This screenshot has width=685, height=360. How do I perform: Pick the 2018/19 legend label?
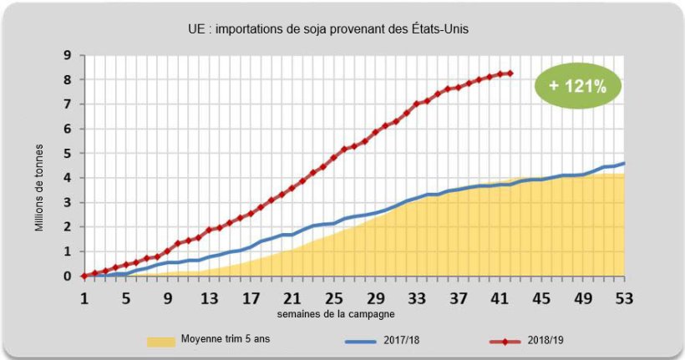pos(551,341)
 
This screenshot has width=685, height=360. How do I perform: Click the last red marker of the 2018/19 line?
pos(510,74)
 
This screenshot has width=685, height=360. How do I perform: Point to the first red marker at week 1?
pos(84,276)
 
